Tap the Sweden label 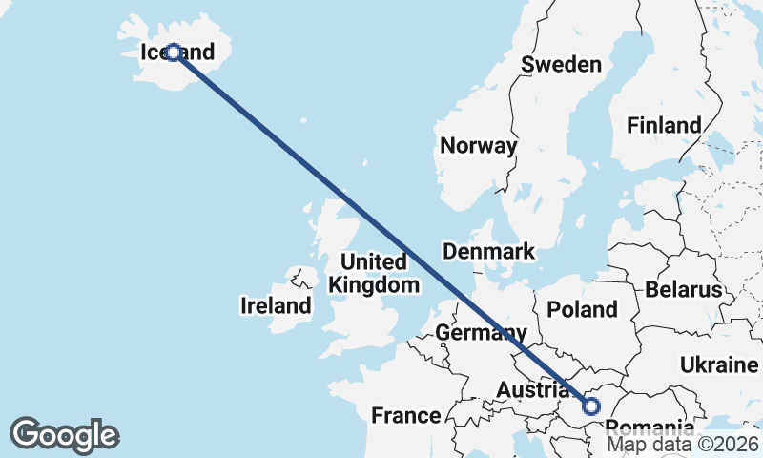pos(562,65)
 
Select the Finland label pos(664,125)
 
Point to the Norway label pos(478,146)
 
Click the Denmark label pos(488,252)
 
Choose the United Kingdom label pos(373,273)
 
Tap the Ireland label pos(276,306)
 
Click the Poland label pos(583,309)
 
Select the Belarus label pos(684,290)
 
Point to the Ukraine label pos(719,364)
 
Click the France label pos(405,415)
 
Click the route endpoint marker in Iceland pos(174,52)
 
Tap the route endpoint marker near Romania pos(591,406)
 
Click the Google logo pos(64,435)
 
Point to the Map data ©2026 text pos(683,444)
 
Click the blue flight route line pos(381,228)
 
